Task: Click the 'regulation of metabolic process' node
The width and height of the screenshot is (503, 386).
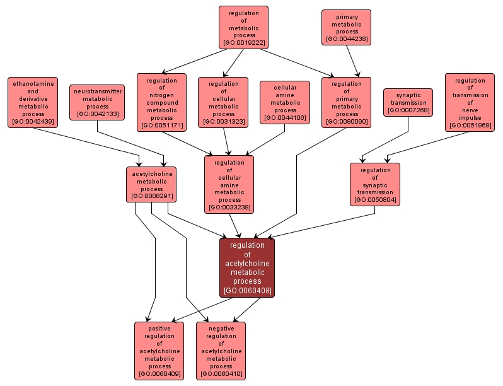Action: (243, 27)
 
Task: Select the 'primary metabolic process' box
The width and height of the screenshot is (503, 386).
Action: (346, 27)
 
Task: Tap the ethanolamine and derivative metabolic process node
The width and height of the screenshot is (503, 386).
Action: (32, 102)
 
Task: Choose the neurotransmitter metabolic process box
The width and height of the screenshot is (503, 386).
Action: (97, 102)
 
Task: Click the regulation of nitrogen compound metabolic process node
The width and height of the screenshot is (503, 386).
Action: (161, 102)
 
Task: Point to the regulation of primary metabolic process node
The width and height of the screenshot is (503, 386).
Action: (346, 102)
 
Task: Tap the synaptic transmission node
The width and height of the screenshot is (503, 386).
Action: (408, 102)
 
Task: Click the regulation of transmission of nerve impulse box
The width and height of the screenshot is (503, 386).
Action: (470, 102)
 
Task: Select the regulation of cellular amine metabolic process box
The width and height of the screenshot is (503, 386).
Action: (229, 184)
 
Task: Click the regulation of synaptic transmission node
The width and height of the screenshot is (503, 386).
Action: (375, 184)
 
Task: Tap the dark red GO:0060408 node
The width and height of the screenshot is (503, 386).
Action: (247, 267)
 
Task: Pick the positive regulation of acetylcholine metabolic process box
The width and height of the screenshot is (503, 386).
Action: (159, 351)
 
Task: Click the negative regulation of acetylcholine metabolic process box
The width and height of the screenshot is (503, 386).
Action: (221, 351)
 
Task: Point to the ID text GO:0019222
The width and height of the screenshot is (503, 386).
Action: (243, 43)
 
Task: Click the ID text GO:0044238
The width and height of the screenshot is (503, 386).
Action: (346, 39)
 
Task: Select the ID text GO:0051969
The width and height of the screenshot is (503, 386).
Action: (470, 126)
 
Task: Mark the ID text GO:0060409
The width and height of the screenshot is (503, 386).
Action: (159, 374)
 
